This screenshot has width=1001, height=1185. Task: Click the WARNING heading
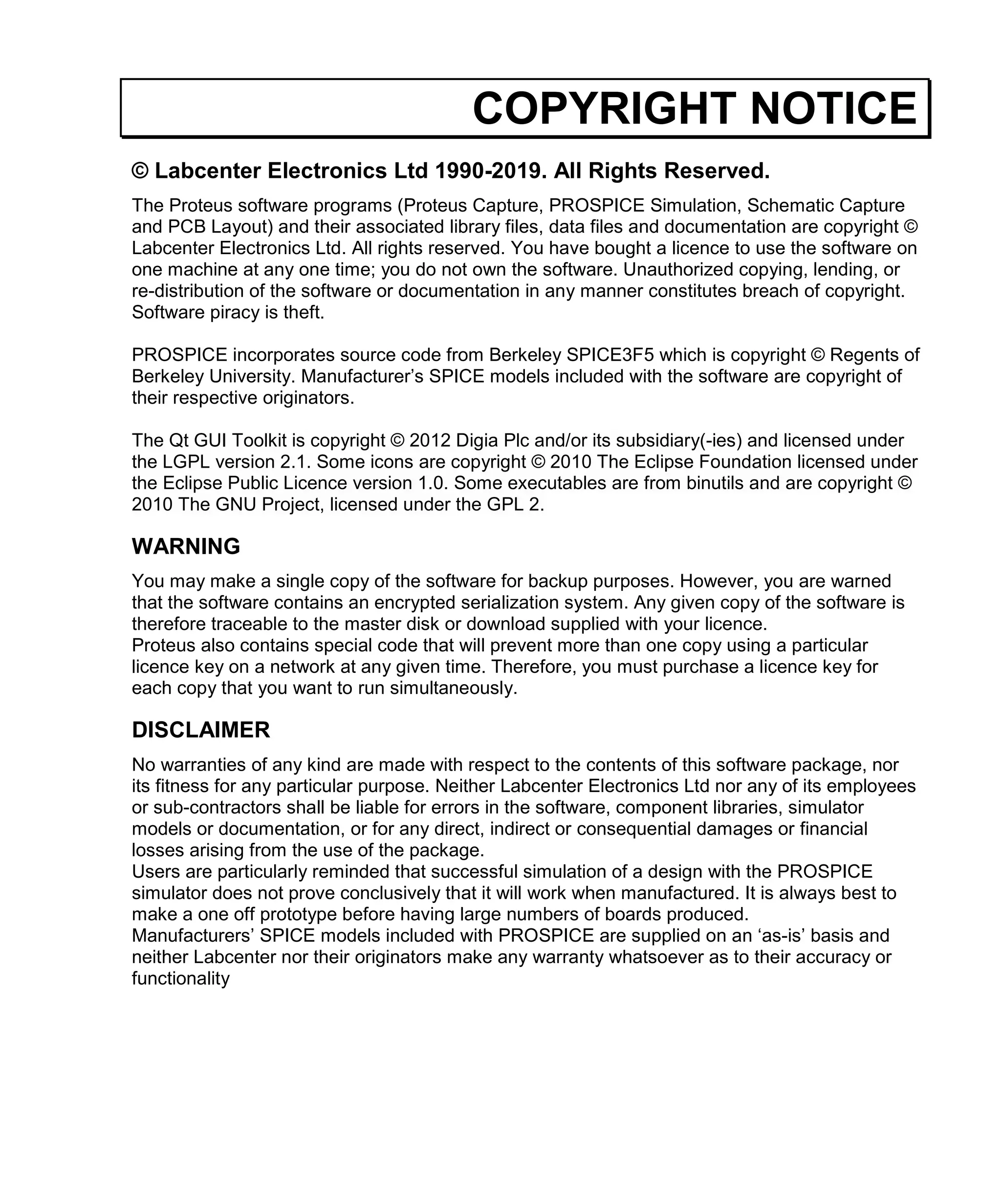click(x=186, y=546)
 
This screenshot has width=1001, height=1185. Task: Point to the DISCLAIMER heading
click(x=201, y=730)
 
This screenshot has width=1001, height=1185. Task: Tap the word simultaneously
click(x=454, y=688)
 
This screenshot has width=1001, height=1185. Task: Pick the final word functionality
click(x=180, y=978)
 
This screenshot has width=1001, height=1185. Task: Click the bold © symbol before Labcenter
click(x=140, y=171)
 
